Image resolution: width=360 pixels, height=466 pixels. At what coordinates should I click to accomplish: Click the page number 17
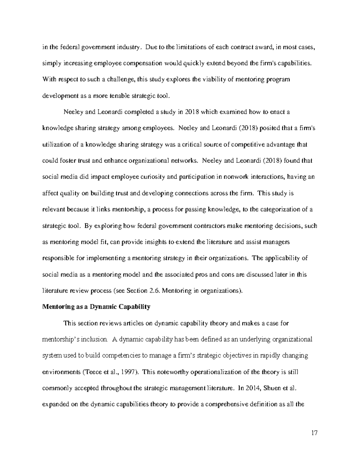click(314, 433)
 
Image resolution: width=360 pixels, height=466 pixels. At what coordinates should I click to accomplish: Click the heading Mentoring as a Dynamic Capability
click(96, 307)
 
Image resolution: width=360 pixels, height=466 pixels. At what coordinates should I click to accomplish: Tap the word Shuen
click(272, 388)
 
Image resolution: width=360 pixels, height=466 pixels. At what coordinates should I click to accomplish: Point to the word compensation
click(143, 63)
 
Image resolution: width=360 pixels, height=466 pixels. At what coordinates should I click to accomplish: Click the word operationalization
click(200, 372)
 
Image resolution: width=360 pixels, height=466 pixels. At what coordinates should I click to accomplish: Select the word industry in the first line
click(130, 47)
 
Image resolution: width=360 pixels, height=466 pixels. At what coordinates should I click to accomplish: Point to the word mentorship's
click(61, 339)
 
